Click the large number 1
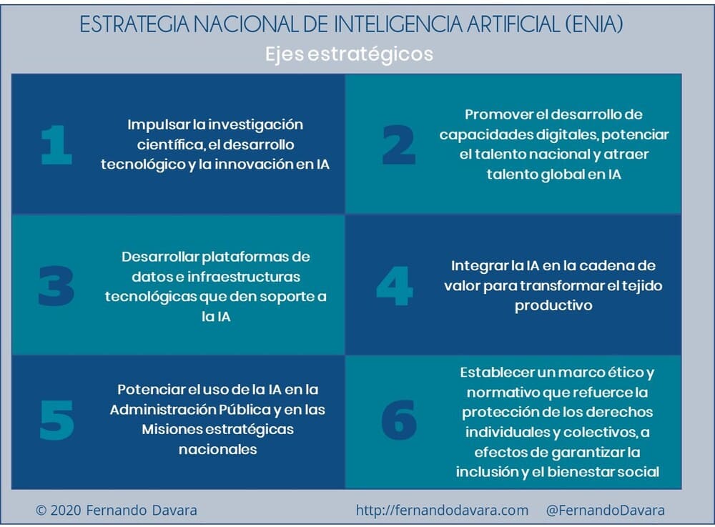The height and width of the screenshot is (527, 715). point(56,144)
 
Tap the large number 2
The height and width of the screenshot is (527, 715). point(399,144)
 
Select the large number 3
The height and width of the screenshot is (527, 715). point(56,286)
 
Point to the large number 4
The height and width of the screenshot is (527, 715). point(395,286)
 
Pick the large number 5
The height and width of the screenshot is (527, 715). point(57,420)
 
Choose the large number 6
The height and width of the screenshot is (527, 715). point(399,420)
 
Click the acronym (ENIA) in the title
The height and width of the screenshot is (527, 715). point(594,24)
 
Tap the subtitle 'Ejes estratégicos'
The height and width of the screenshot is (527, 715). point(350,54)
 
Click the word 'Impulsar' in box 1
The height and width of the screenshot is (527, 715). point(158,124)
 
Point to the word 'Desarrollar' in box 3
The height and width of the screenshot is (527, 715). point(160,257)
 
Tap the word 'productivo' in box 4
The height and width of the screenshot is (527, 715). point(553,305)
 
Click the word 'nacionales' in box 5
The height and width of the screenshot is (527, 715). point(218,450)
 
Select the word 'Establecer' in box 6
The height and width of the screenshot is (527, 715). point(498,373)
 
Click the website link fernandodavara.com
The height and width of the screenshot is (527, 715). point(442,510)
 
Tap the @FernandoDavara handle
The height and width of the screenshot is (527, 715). point(606,510)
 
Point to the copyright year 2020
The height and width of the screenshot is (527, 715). point(66,510)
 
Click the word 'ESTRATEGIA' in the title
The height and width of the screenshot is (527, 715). point(134,24)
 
